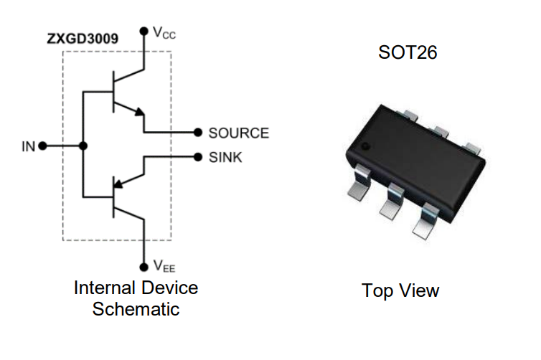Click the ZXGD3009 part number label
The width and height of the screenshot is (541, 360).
(83, 38)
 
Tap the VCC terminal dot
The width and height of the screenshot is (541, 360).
(144, 32)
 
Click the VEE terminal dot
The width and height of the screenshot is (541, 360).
(144, 267)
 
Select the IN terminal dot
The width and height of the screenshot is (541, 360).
(42, 146)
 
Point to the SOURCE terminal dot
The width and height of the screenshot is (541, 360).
(198, 132)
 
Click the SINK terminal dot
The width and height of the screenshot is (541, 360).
(198, 157)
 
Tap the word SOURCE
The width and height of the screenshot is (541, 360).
(239, 133)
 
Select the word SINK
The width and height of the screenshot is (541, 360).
(225, 158)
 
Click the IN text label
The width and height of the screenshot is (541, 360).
(28, 146)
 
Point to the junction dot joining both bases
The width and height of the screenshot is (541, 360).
(83, 146)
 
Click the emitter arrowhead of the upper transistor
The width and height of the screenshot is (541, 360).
(139, 111)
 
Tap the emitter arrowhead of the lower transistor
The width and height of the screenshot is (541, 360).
(118, 184)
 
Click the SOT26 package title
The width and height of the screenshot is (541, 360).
(408, 52)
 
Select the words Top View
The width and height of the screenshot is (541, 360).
(400, 290)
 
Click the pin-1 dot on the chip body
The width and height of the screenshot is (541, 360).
(365, 146)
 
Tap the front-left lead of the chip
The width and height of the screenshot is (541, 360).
(359, 182)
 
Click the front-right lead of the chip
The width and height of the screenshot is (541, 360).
(425, 221)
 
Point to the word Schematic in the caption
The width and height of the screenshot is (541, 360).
(136, 308)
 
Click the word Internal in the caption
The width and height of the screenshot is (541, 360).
(104, 288)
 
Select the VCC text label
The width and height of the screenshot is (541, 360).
(164, 33)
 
